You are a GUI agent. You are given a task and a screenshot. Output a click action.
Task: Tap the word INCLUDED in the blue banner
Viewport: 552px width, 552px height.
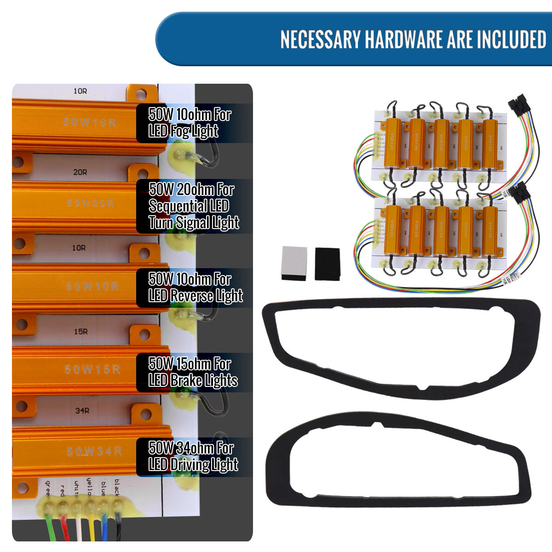pyautogui.click(x=511, y=40)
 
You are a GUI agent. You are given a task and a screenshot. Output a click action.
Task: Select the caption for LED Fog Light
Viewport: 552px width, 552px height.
pyautogui.click(x=190, y=123)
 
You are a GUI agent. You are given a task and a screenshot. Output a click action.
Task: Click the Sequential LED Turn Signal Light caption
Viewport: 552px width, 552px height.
pyautogui.click(x=194, y=206)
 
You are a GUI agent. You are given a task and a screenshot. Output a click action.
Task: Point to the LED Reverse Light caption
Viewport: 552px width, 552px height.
pyautogui.click(x=195, y=287)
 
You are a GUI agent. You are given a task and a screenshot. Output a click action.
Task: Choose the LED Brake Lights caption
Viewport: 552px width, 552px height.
pyautogui.click(x=193, y=372)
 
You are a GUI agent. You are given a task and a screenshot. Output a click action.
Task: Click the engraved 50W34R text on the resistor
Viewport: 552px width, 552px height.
pyautogui.click(x=94, y=452)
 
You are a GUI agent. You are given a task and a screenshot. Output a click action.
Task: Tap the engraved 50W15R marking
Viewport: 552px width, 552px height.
pyautogui.click(x=92, y=369)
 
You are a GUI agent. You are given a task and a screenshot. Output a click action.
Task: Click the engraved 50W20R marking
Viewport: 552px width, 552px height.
pyautogui.click(x=91, y=203)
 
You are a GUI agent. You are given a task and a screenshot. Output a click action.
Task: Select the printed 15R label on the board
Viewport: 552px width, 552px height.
pyautogui.click(x=80, y=332)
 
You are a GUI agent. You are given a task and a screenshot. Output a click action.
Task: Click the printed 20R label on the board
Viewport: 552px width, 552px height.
pyautogui.click(x=80, y=172)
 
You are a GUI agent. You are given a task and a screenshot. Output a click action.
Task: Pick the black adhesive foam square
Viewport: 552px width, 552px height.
pyautogui.click(x=327, y=264)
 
